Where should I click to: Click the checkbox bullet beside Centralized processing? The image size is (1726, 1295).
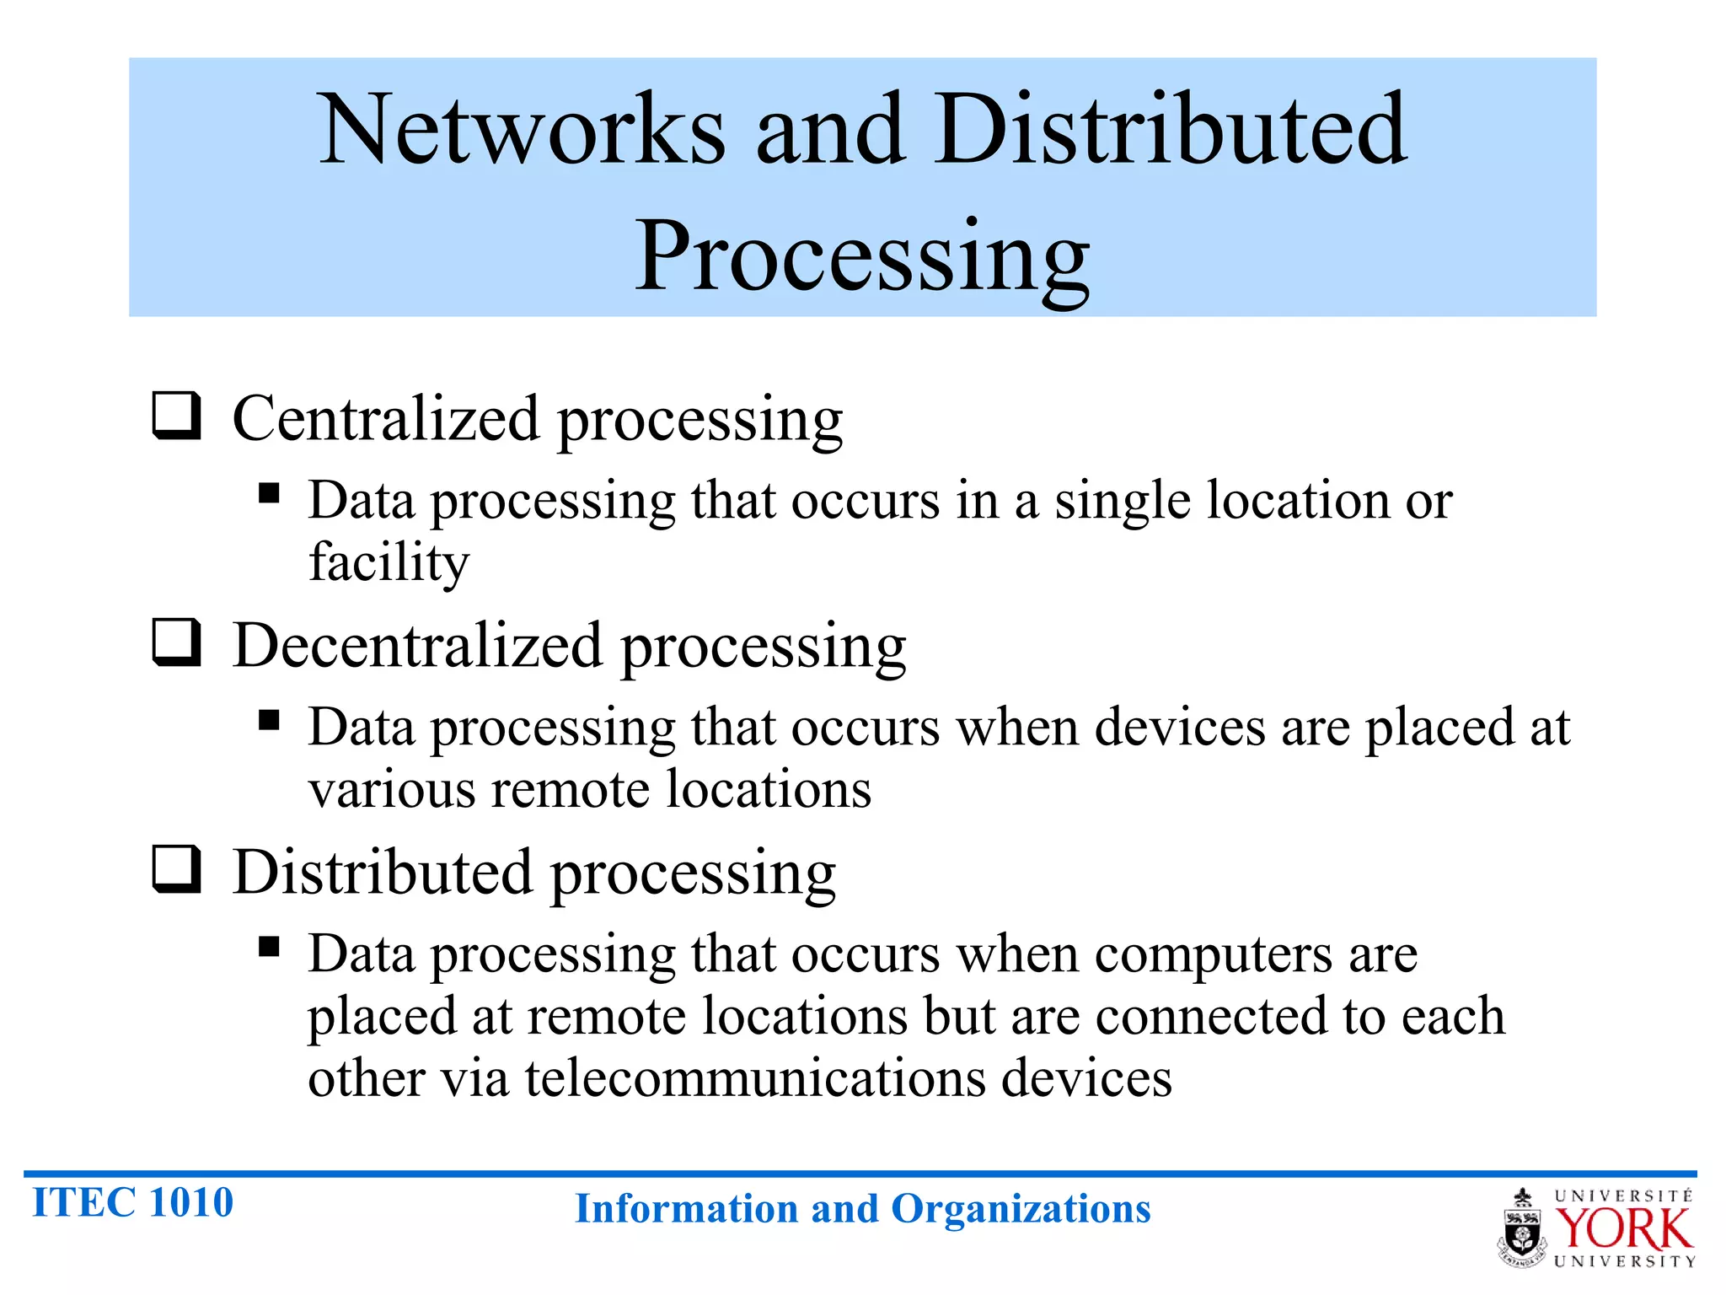coord(176,415)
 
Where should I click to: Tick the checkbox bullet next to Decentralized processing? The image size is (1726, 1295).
coord(176,642)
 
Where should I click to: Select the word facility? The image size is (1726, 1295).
coord(389,562)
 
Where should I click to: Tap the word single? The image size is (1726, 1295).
coord(1123,501)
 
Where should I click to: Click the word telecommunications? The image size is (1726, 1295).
coord(755,1078)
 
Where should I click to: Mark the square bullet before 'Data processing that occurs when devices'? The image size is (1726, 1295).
coord(269,720)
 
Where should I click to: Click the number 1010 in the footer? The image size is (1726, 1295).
coord(192,1202)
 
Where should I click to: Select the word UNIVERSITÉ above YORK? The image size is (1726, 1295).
coord(1623,1196)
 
